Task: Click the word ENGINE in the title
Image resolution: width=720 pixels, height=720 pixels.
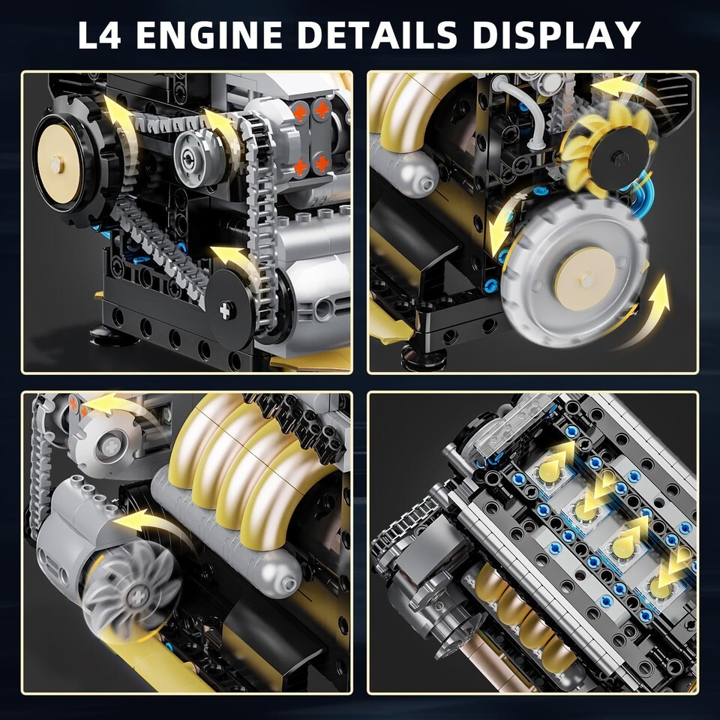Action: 209,35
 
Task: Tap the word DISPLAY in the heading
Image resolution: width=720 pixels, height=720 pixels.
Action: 556,35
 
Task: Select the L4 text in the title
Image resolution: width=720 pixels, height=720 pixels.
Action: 99,35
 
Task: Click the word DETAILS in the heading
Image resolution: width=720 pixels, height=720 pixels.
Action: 377,35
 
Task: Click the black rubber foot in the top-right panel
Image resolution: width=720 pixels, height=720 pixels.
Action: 423,357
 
